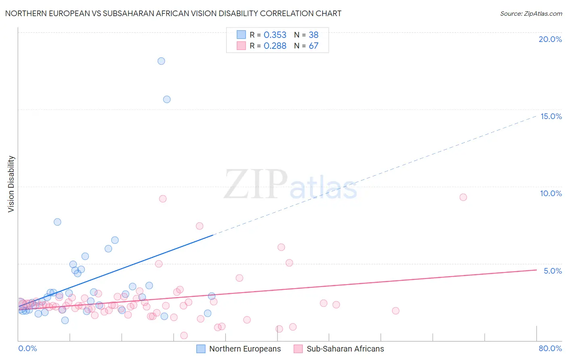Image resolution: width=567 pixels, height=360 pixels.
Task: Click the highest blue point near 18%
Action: click(x=161, y=61)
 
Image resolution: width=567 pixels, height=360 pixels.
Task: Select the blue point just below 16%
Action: click(x=167, y=99)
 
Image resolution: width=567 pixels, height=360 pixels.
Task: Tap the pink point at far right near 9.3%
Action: click(x=463, y=197)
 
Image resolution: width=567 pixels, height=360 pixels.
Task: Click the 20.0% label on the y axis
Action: click(x=550, y=39)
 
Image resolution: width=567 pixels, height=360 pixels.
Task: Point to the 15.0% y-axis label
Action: click(x=551, y=116)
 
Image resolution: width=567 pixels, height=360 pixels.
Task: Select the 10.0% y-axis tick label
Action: click(x=551, y=193)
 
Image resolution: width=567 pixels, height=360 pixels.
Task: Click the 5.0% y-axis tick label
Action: click(x=552, y=271)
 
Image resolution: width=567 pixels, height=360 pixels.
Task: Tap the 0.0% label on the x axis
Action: click(x=28, y=348)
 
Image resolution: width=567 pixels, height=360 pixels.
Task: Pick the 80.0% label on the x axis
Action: click(x=550, y=348)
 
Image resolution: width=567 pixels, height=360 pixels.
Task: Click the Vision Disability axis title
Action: click(x=11, y=184)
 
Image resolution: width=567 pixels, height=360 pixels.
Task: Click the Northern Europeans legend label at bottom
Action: click(x=245, y=349)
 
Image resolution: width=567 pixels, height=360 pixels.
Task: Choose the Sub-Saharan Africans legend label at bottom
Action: click(x=345, y=349)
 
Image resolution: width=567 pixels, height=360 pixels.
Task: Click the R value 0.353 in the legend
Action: click(x=275, y=35)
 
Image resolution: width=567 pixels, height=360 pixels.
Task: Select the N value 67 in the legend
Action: click(x=313, y=46)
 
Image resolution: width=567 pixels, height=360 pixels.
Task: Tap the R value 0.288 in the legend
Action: click(x=275, y=46)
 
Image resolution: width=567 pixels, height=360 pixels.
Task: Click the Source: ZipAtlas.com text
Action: click(x=531, y=14)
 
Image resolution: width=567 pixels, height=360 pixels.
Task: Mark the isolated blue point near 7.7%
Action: click(x=57, y=222)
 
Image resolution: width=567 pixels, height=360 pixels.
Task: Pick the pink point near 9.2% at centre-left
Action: click(x=163, y=199)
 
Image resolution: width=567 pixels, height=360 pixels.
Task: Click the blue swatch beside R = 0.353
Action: click(x=241, y=35)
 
